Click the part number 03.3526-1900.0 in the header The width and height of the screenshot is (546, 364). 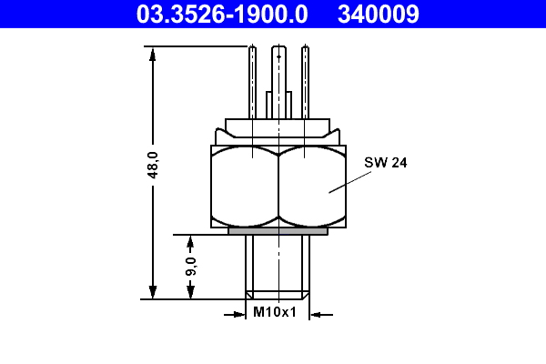tap(221, 13)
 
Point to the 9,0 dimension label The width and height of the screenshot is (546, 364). tap(190, 267)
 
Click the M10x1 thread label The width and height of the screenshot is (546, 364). tap(275, 312)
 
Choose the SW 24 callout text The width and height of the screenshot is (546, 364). tap(385, 163)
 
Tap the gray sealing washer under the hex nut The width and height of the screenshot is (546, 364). tap(278, 231)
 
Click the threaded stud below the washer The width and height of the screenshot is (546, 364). tap(278, 264)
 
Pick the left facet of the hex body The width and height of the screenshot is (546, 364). tap(244, 187)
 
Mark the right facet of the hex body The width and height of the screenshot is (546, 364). tap(312, 187)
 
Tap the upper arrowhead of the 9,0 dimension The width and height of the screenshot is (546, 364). tap(190, 242)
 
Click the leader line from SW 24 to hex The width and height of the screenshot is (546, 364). tap(351, 180)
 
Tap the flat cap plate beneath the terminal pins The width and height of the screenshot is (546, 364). tap(278, 126)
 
